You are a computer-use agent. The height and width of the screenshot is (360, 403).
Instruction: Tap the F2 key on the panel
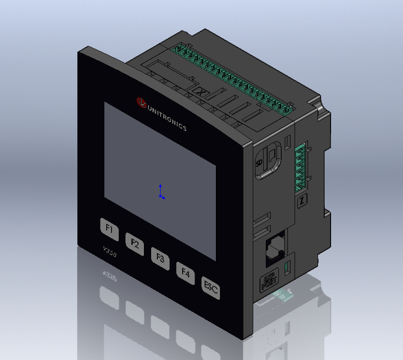click(x=135, y=244)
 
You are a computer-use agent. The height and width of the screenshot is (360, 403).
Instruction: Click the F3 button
click(x=160, y=259)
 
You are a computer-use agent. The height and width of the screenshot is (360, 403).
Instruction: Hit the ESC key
click(x=211, y=289)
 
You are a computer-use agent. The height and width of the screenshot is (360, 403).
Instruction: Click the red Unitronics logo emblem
click(x=141, y=102)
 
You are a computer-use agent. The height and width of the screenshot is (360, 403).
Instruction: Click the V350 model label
click(x=110, y=254)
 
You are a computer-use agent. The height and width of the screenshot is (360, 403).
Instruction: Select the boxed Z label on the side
click(x=302, y=200)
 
